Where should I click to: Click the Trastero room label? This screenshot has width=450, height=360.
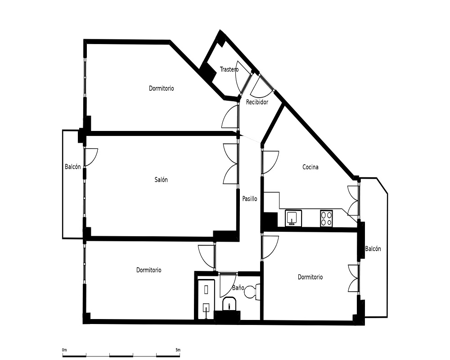click(229, 69)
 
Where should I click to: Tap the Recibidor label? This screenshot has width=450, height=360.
click(257, 102)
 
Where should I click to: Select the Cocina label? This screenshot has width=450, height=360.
click(310, 167)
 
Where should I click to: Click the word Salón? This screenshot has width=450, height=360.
click(161, 180)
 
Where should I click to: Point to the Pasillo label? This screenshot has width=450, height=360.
click(250, 198)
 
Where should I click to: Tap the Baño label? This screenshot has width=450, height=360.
click(238, 288)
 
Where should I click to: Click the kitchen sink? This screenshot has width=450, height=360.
click(293, 218)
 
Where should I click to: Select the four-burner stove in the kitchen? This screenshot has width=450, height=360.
click(326, 218)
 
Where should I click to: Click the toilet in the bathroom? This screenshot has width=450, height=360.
click(252, 292)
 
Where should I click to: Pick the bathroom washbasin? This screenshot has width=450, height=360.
click(229, 304)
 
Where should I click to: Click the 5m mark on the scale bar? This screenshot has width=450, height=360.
click(178, 350)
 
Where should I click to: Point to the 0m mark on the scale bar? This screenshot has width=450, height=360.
click(64, 350)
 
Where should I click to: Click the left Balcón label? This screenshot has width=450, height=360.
click(72, 167)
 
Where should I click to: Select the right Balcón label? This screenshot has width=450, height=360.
click(373, 249)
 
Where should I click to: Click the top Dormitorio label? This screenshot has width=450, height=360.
click(161, 88)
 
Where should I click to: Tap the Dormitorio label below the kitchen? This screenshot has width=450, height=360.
click(310, 277)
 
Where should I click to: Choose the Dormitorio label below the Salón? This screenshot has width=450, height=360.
click(148, 270)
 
